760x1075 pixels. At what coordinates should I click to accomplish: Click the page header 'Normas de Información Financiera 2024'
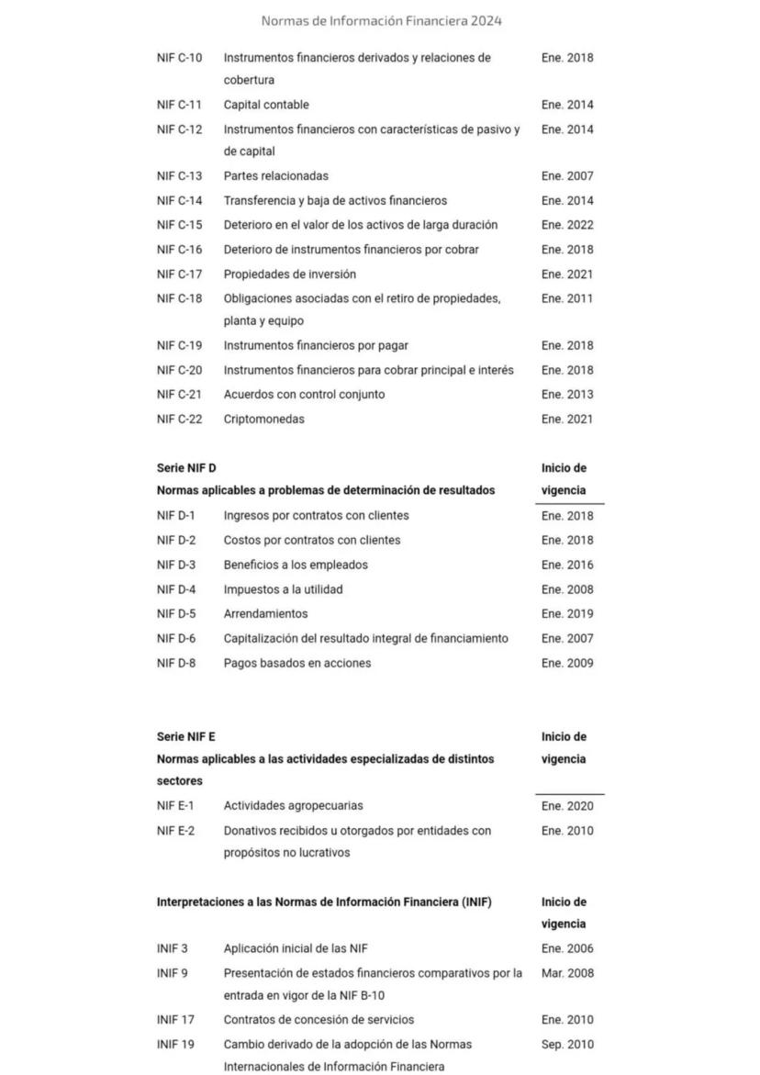pos(381,20)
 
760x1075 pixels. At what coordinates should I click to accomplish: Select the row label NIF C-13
pos(179,176)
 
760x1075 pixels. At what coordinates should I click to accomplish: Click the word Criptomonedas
pos(263,420)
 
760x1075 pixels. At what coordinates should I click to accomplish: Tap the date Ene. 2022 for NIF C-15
pos(567,225)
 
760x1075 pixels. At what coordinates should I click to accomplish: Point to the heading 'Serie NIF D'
pos(186,468)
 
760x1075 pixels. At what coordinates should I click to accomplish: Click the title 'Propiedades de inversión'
pos(289,274)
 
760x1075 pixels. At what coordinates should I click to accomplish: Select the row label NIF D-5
pos(176,614)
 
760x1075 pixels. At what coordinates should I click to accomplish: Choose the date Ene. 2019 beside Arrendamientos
pos(567,614)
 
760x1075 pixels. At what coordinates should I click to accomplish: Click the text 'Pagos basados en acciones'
pos(297,663)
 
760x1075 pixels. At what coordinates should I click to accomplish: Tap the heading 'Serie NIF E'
pos(186,737)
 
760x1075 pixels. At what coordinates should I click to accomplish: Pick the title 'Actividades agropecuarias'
pos(293,806)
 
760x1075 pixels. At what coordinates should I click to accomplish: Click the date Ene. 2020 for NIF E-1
pos(567,806)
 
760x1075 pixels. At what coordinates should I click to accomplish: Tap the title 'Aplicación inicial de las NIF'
pos(295,949)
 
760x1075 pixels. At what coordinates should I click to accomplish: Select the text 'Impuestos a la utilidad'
pos(283,589)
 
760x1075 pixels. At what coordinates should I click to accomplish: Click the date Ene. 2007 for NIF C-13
pos(567,176)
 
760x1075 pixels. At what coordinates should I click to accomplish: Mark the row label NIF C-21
pos(179,395)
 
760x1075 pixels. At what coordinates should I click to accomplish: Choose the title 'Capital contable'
pos(266,105)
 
